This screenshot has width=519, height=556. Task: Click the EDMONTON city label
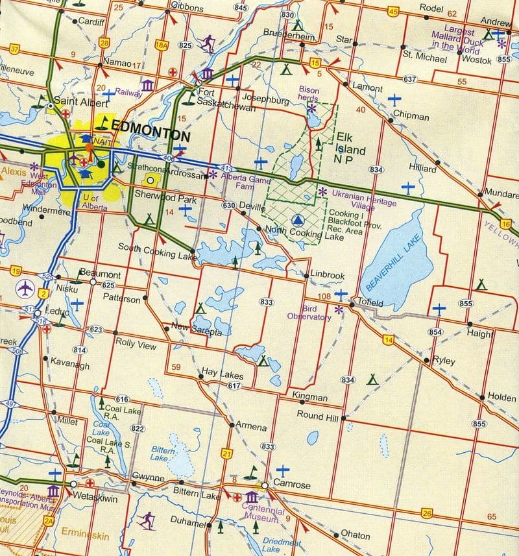click(x=151, y=137)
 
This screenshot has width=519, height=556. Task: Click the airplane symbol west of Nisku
click(x=25, y=286)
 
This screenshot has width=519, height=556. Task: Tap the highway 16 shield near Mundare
click(x=505, y=223)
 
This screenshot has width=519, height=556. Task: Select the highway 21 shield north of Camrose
click(x=226, y=452)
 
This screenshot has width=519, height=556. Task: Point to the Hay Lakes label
click(x=222, y=374)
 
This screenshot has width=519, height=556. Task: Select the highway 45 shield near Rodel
click(x=392, y=11)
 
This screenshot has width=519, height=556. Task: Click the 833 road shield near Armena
click(x=268, y=446)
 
